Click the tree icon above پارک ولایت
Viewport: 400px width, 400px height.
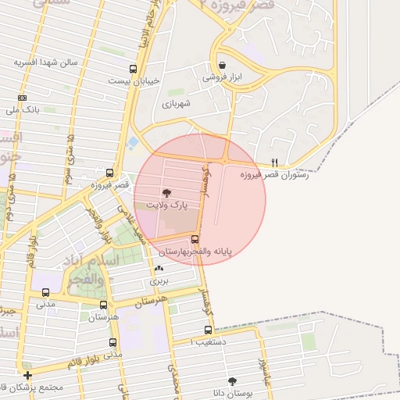166,192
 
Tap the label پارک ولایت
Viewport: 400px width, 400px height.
166,205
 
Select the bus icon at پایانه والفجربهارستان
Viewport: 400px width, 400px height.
195,240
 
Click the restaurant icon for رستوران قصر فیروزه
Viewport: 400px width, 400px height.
273,162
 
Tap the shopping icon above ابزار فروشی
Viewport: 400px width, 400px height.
223,66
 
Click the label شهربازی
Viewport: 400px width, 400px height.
176,102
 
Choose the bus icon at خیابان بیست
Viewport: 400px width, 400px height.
133,68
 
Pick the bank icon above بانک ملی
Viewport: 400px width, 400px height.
22,98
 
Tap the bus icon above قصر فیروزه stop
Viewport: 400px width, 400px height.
109,173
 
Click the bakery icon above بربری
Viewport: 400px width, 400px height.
159,268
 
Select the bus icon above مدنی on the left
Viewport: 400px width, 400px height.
45,293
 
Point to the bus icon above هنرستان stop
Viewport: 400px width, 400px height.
103,305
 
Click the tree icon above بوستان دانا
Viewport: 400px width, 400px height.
232,381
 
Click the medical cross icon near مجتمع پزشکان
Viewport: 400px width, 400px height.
28,376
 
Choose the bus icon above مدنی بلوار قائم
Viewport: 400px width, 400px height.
112,342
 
